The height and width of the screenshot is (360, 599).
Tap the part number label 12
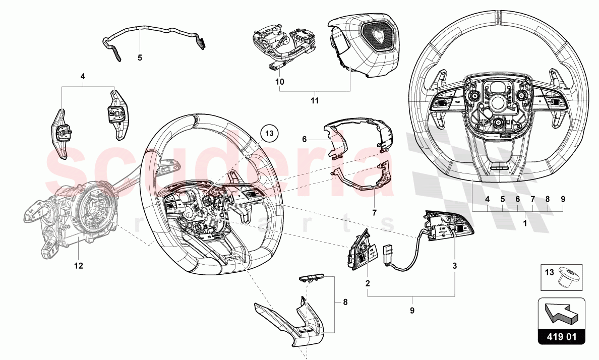(78, 265)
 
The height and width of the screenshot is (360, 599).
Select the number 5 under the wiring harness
(140, 57)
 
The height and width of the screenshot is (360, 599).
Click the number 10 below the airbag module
(279, 81)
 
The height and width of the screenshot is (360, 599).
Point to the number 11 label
(315, 101)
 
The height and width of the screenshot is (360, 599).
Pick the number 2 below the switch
(368, 283)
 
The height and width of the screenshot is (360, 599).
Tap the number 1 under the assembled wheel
(524, 222)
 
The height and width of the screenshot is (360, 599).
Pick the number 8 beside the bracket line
(345, 303)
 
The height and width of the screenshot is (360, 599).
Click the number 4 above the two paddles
(83, 77)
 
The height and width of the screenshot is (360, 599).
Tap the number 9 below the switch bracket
(412, 311)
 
